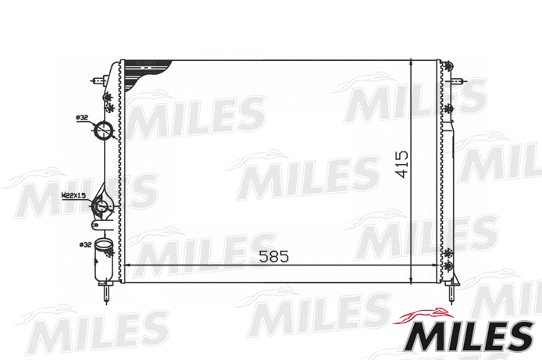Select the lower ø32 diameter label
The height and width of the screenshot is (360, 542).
coord(84,245)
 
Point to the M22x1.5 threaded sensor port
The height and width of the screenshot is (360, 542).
coord(102,207)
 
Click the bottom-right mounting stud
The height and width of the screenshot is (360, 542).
coord(454,294)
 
